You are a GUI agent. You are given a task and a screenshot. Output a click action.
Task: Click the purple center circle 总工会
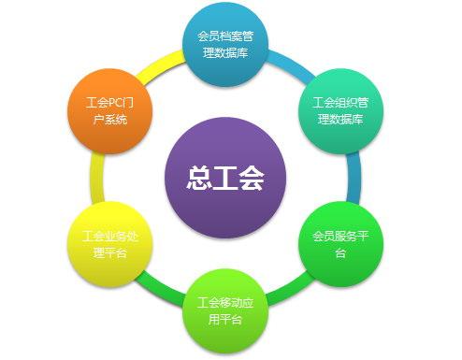[x=224, y=177]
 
